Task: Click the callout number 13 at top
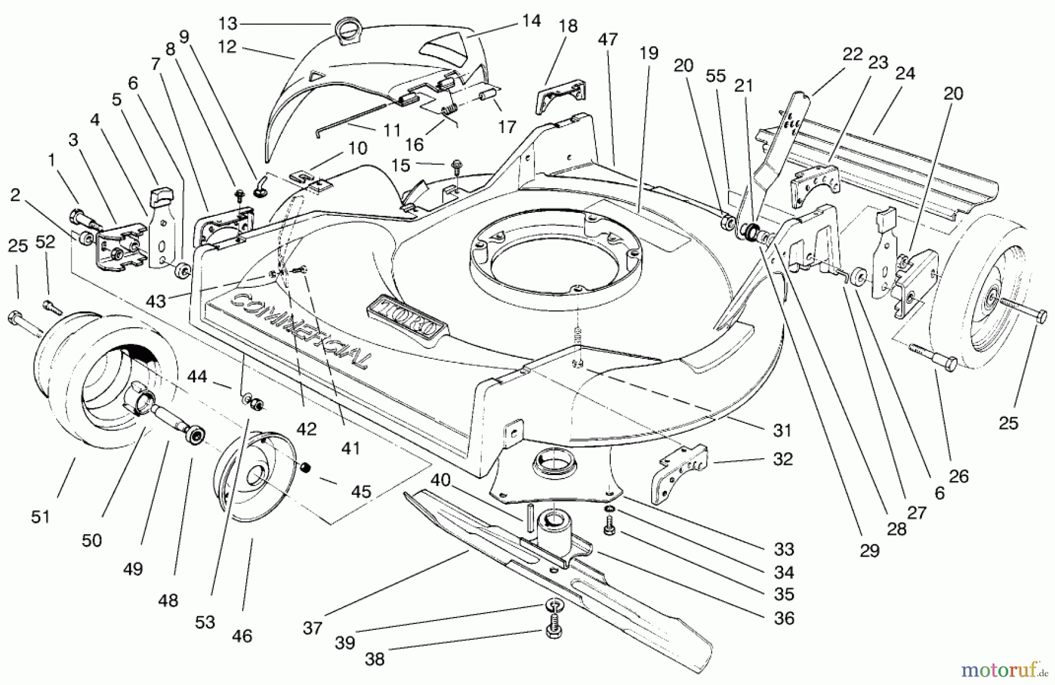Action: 227,23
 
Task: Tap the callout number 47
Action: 608,40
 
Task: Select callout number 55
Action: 716,76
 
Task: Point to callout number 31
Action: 782,430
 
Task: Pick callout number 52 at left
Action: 45,242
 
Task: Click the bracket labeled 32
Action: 674,472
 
